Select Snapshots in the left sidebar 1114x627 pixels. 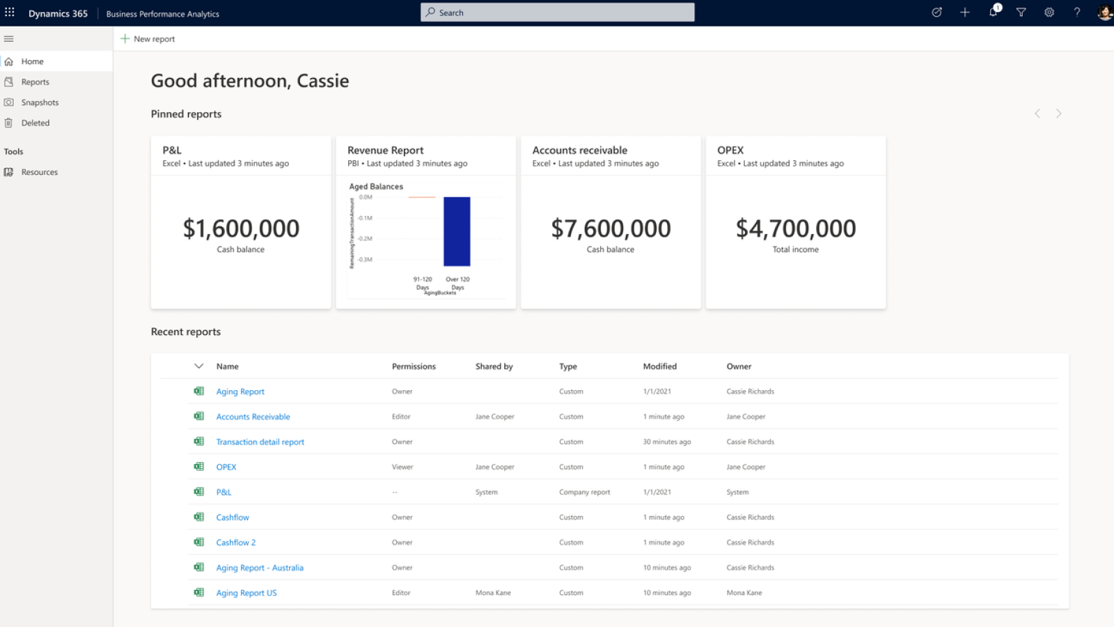40,102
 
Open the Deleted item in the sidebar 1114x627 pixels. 35,123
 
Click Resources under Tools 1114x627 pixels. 39,172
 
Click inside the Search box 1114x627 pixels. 557,13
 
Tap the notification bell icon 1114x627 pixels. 993,13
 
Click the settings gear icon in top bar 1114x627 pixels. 1049,13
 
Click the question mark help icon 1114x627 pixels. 1076,13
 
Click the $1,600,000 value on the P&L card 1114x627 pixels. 241,229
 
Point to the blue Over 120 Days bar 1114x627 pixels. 457,231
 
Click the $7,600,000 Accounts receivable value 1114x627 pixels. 611,229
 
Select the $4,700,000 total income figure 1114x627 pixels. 796,229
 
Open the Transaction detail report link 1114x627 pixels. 260,442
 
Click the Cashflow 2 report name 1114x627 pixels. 235,543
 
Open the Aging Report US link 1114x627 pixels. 246,593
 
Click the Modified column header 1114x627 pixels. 659,366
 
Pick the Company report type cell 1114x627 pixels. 584,492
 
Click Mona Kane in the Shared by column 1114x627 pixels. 493,593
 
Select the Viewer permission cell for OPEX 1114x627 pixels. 402,467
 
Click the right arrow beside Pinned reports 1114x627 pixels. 1058,114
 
